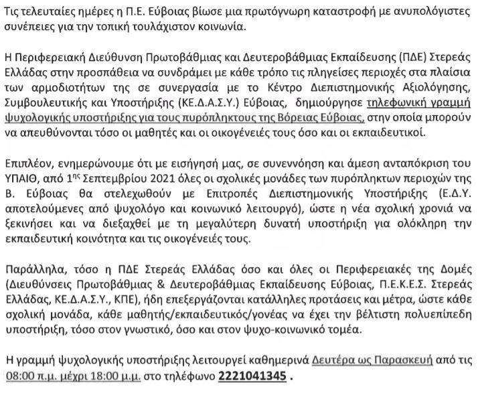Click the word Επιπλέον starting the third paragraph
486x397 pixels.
(x=27, y=165)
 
